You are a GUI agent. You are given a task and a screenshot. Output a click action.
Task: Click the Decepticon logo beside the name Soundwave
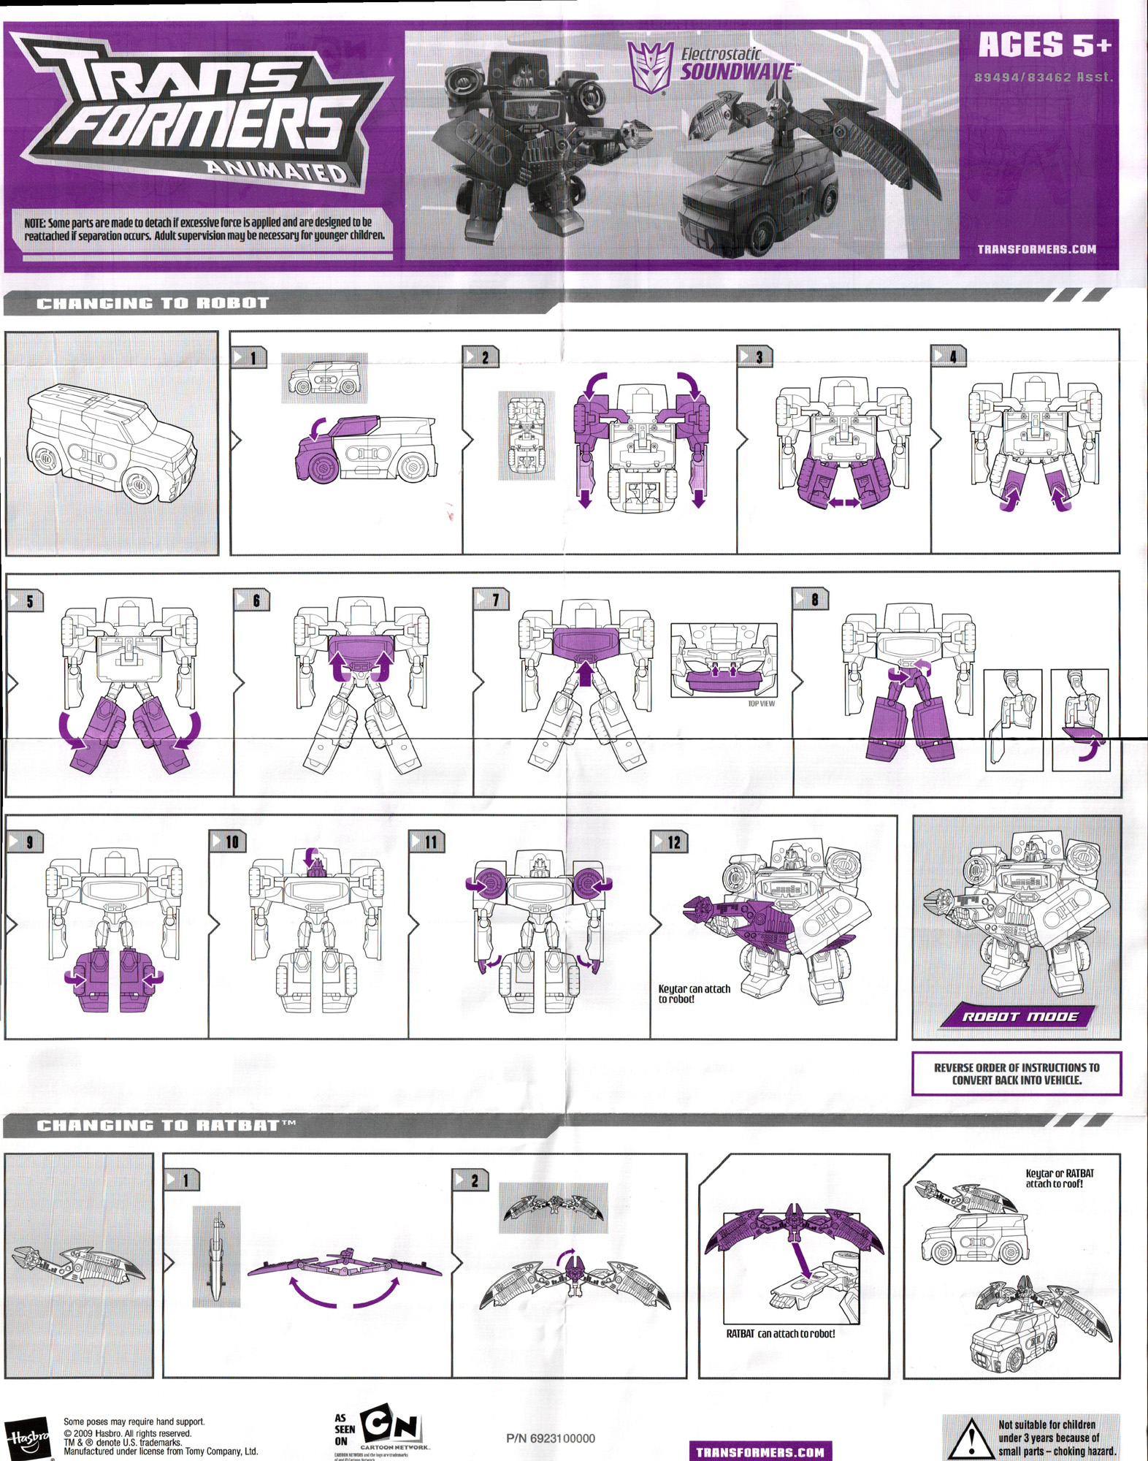point(650,67)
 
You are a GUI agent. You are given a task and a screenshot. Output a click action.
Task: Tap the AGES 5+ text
point(1044,45)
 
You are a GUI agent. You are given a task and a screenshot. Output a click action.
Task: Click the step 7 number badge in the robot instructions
point(492,599)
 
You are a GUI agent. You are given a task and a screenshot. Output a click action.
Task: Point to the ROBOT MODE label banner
point(1019,1016)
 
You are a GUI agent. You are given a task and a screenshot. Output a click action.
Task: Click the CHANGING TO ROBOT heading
point(153,303)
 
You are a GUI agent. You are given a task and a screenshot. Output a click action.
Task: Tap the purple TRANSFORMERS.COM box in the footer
point(759,1452)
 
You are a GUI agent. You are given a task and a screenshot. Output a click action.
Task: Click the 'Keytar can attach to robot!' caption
point(694,993)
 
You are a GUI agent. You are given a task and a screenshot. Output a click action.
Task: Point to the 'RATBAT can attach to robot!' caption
point(780,1333)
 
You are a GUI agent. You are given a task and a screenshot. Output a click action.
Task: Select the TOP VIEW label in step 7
point(761,703)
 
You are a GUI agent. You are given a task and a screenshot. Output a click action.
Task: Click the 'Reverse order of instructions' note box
point(1017,1073)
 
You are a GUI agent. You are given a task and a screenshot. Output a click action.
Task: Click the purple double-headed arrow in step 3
point(843,503)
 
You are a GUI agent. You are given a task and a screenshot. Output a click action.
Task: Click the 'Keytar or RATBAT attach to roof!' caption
point(1060,1178)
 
